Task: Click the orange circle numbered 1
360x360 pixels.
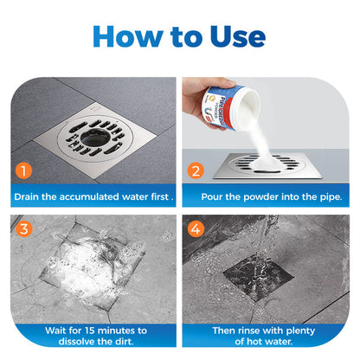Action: (23, 170)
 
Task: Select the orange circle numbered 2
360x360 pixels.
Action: (196, 170)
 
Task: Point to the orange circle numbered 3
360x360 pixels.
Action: (24, 229)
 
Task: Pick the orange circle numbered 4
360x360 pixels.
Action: (196, 229)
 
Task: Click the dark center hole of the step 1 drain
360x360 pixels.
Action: (95, 138)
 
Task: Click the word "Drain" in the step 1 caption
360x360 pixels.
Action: (26, 196)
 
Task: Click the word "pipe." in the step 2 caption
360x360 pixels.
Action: (331, 197)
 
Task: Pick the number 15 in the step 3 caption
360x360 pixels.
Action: (90, 331)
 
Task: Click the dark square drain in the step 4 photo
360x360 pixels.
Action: (259, 277)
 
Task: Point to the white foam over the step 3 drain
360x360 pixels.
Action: (87, 267)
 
